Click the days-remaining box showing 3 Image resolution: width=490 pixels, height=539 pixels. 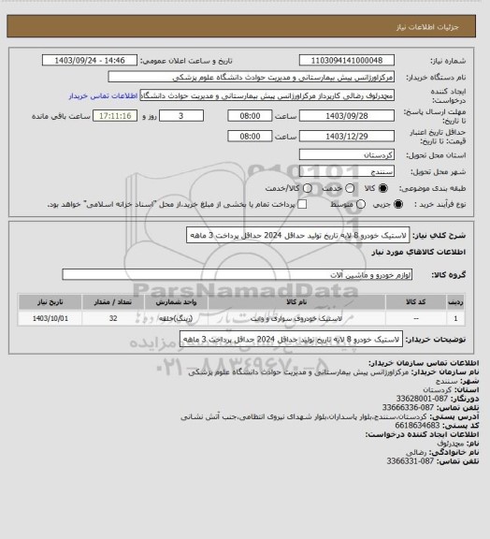180,116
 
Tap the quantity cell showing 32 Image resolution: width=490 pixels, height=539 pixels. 113,318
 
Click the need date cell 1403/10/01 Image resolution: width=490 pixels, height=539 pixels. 46,318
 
